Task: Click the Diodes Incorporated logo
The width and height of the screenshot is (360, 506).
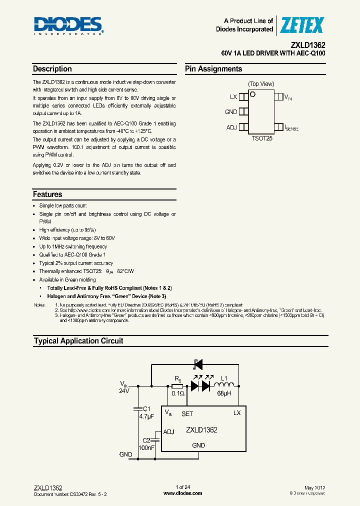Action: [68, 26]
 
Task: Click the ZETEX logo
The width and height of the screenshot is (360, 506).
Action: [302, 25]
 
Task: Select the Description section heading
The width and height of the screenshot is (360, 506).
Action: [52, 69]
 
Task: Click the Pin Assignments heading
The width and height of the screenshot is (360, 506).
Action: [213, 69]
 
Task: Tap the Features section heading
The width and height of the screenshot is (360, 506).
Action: [47, 194]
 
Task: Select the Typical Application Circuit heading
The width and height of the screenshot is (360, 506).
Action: [78, 341]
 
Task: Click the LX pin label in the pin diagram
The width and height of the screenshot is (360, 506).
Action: [233, 96]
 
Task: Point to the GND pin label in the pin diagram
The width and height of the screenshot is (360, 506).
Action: [231, 112]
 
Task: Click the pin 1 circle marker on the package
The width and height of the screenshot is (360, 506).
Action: [253, 94]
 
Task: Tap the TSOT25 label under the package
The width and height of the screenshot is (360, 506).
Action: [262, 138]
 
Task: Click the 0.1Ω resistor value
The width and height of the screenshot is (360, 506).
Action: [178, 394]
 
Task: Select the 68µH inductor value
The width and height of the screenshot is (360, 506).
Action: [223, 394]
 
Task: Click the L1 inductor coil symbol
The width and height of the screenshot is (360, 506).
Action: [224, 385]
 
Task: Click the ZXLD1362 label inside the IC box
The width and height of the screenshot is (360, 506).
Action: [201, 429]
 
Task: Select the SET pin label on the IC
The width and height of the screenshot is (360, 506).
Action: [187, 414]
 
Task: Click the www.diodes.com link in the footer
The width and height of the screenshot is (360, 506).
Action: [183, 493]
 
